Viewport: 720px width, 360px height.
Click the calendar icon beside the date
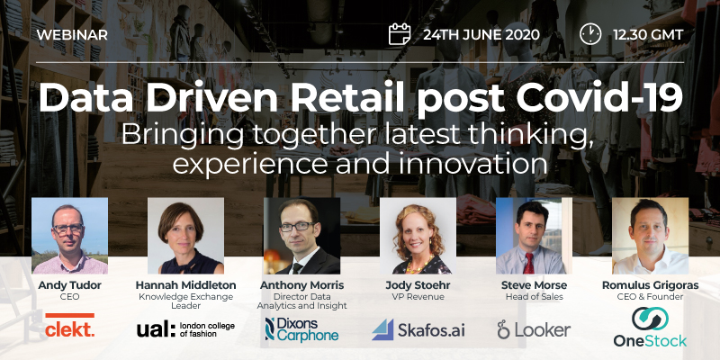(400, 34)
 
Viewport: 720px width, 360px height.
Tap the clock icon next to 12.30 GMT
(590, 34)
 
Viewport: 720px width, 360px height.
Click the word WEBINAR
(72, 34)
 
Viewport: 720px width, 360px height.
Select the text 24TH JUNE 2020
(481, 34)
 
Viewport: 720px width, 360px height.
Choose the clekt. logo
(70, 326)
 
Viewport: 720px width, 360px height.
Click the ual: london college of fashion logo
(185, 329)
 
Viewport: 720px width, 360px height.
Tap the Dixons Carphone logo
(301, 328)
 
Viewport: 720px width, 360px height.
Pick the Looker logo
(534, 329)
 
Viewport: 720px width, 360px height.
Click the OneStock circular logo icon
(650, 319)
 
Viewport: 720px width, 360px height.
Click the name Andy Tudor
(70, 285)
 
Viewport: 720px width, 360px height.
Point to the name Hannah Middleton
(186, 285)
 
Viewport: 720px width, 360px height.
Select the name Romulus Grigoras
(650, 285)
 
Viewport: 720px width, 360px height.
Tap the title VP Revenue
(418, 297)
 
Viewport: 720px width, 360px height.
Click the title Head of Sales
(534, 297)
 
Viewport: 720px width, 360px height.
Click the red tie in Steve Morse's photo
(528, 263)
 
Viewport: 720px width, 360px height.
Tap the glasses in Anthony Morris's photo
(297, 227)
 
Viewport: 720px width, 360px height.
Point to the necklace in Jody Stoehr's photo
(417, 265)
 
